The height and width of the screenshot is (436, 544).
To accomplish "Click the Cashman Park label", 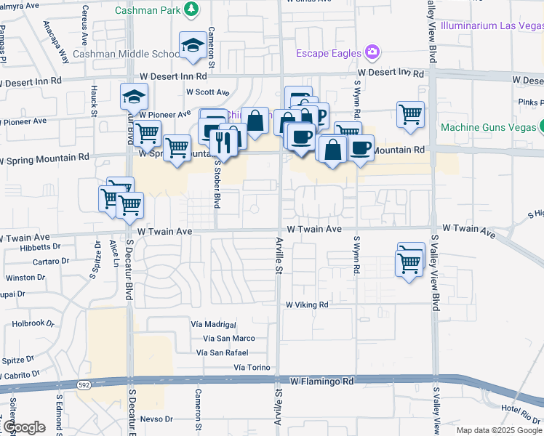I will [146, 10].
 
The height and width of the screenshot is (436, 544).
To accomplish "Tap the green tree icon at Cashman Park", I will [191, 9].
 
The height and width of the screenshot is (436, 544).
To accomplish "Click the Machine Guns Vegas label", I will [488, 127].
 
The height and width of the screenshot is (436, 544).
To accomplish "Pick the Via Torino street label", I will [252, 368].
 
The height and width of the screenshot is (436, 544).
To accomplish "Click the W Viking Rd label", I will [308, 304].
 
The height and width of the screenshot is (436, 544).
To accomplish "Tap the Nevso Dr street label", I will [156, 419].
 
